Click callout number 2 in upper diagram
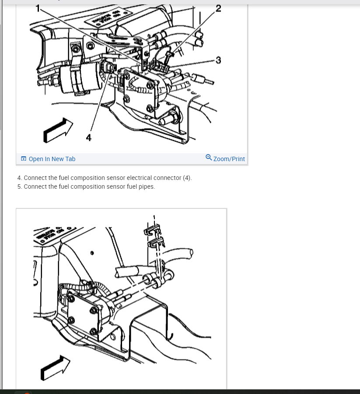(x=218, y=8)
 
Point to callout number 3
(x=218, y=60)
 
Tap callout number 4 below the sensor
(x=89, y=138)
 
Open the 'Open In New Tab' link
(x=52, y=159)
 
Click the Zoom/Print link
(x=229, y=159)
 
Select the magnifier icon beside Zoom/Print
(x=209, y=158)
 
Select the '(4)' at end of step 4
(x=187, y=178)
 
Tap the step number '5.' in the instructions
(x=20, y=186)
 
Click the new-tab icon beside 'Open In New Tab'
(x=24, y=159)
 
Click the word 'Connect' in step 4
(x=35, y=178)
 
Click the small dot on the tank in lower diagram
(x=92, y=253)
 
